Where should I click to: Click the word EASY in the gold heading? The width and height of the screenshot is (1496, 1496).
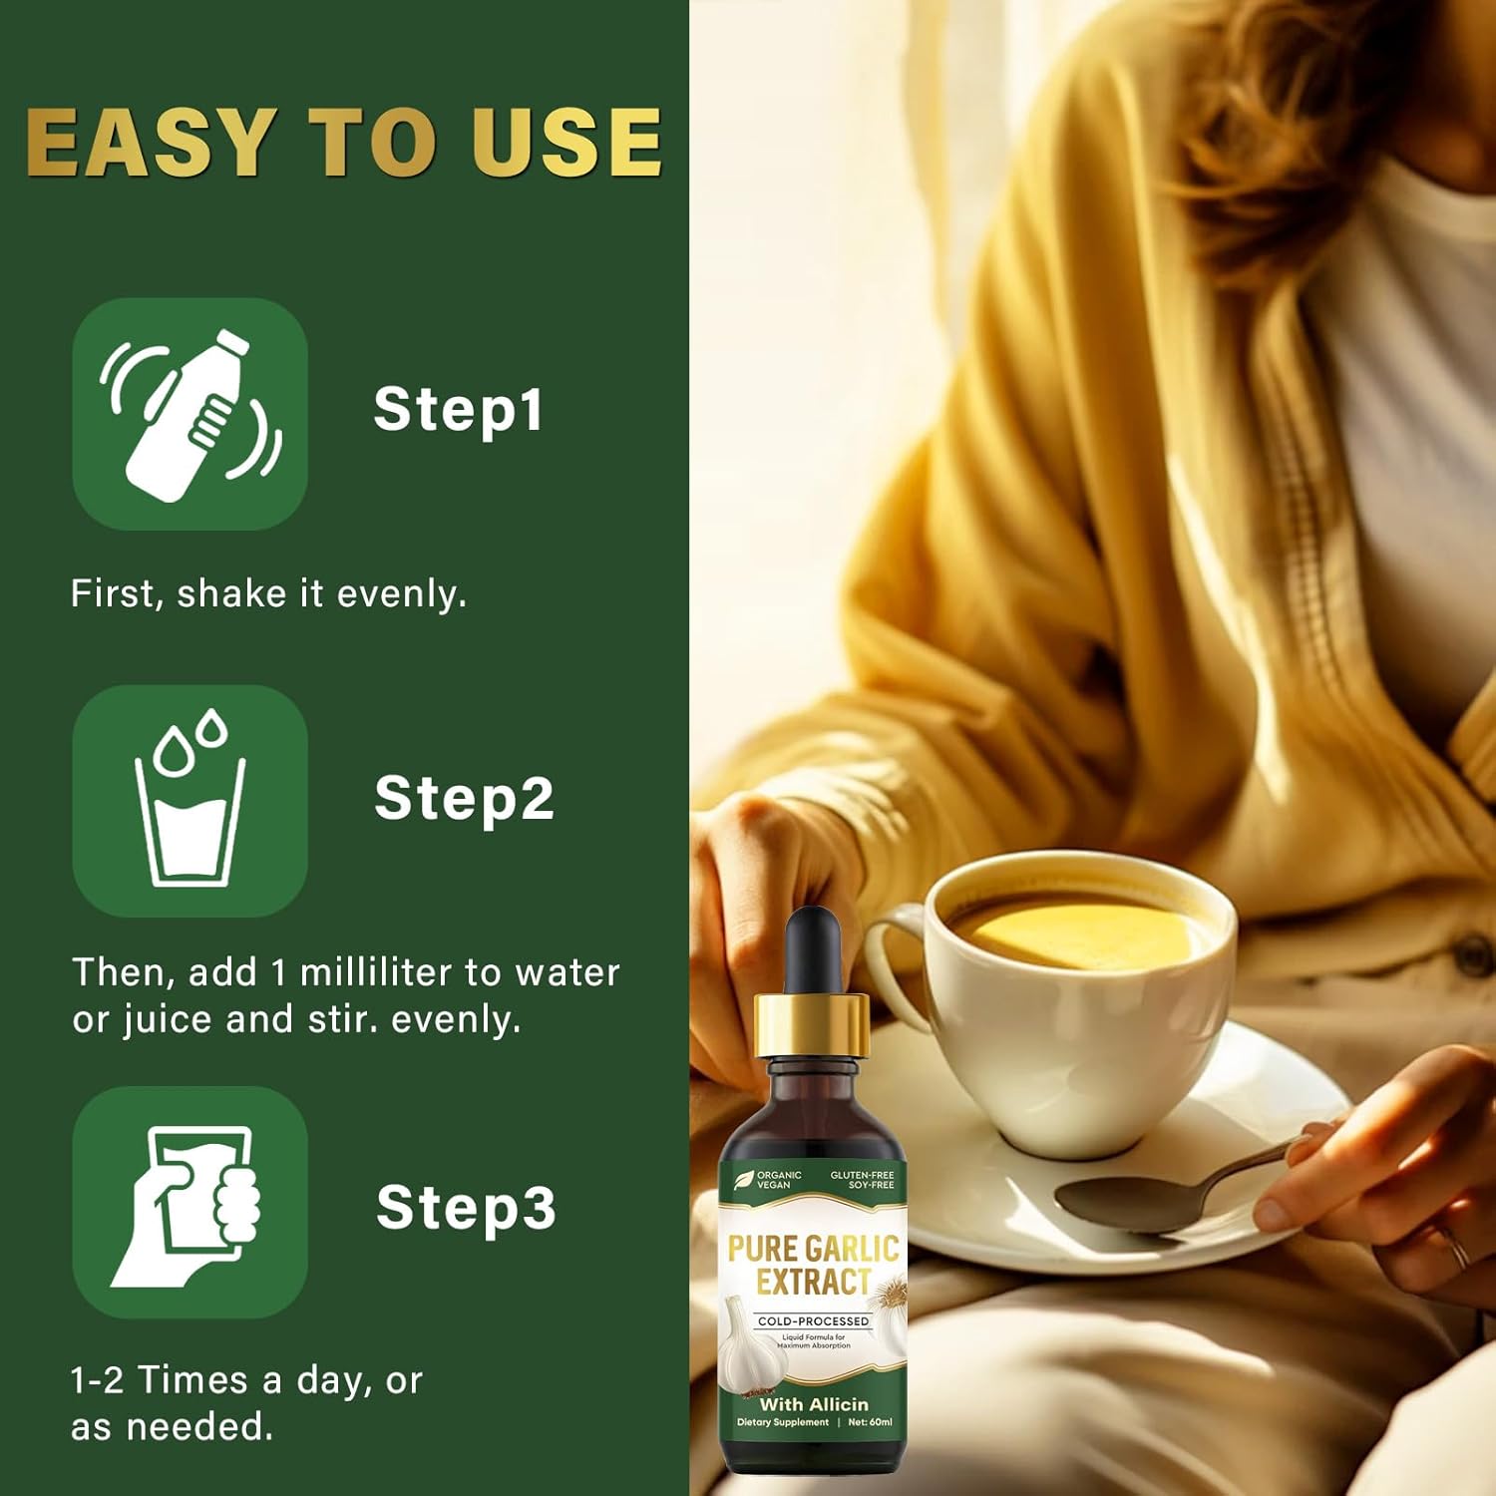(x=150, y=142)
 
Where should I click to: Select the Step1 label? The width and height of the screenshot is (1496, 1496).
(x=458, y=410)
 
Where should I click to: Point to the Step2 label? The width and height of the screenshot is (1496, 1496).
(x=464, y=799)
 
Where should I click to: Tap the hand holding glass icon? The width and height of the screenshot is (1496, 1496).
(x=189, y=1202)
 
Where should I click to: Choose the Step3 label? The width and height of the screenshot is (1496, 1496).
(x=466, y=1209)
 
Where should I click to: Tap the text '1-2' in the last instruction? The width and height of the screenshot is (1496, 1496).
(x=98, y=1380)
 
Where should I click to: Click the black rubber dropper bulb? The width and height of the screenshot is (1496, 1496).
(x=813, y=952)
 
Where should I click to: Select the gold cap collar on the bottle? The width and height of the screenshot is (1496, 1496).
(x=812, y=1026)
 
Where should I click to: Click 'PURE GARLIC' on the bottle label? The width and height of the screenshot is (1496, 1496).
(x=814, y=1249)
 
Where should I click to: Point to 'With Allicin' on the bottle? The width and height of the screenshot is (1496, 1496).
(x=814, y=1404)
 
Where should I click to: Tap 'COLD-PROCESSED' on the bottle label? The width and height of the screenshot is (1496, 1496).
(x=814, y=1321)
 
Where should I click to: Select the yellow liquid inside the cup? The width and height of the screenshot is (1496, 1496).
(x=1082, y=933)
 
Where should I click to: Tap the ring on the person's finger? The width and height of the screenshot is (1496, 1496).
(x=1456, y=1247)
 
